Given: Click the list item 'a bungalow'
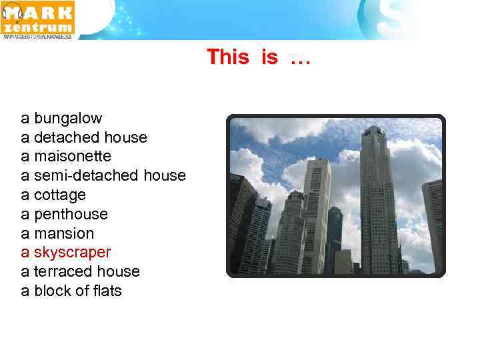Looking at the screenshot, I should [x=61, y=119].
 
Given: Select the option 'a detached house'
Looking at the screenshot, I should [x=84, y=138].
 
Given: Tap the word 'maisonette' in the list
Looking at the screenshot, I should [x=73, y=157].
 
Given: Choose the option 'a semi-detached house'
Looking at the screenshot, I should [x=103, y=176].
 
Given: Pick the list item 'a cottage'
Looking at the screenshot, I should [x=53, y=195].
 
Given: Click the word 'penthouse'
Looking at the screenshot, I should [x=71, y=215].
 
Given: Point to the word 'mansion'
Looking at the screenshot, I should [x=64, y=234].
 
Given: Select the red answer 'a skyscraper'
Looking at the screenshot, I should [x=66, y=253].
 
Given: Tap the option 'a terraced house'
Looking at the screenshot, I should [x=80, y=272].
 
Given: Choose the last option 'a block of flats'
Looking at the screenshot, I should [x=71, y=291].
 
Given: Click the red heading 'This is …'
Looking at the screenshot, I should [x=259, y=57].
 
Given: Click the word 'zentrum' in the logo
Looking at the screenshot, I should [x=39, y=27].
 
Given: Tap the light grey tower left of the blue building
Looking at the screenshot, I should [x=316, y=213].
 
